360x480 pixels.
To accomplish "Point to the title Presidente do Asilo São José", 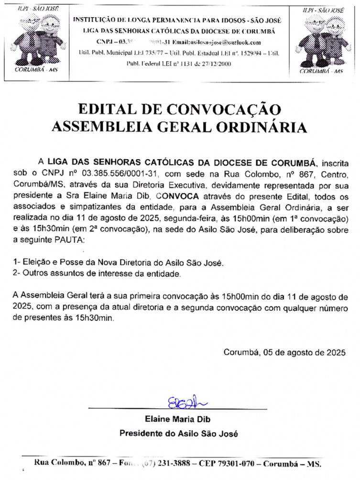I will coord(178,434).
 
